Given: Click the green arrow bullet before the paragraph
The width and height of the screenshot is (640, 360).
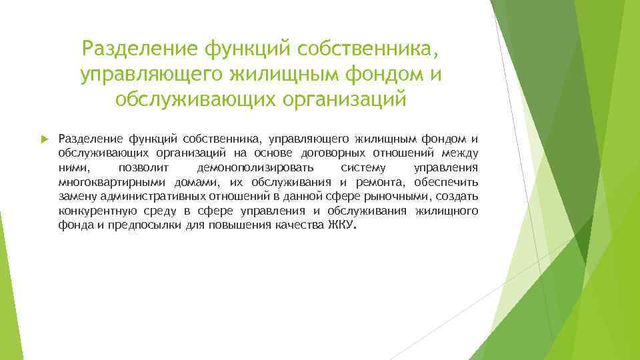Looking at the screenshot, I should pyautogui.click(x=44, y=139).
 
